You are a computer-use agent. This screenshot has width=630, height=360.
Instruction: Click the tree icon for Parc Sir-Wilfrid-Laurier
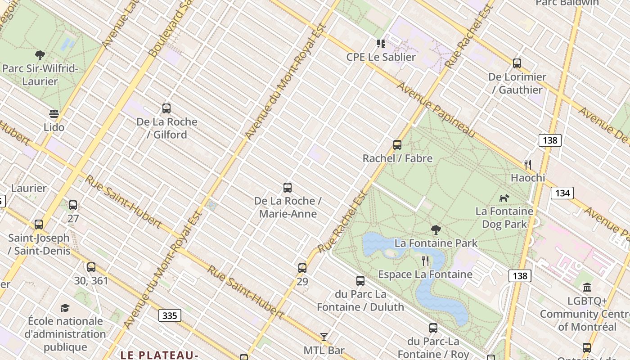click(x=40, y=55)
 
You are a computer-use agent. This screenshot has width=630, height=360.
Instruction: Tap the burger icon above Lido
click(x=54, y=113)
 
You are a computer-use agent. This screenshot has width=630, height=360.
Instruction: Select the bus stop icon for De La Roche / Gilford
click(x=166, y=108)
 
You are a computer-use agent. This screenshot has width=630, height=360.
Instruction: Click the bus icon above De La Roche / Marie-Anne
click(x=288, y=187)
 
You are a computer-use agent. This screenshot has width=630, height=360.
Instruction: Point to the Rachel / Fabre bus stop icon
click(x=397, y=144)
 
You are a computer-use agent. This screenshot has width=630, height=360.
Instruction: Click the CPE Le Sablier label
click(x=381, y=57)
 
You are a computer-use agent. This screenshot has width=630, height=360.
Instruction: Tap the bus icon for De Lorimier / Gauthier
click(x=517, y=63)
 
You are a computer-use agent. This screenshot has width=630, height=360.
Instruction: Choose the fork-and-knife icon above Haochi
click(x=528, y=164)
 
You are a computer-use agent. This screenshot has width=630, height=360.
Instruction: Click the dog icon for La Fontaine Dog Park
click(x=504, y=198)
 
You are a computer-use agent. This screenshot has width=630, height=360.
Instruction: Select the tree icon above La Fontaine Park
click(x=436, y=230)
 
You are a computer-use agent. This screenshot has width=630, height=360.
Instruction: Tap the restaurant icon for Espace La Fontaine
click(x=425, y=261)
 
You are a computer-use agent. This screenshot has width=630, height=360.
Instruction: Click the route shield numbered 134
click(x=562, y=193)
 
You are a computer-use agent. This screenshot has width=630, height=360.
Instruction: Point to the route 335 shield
click(x=170, y=315)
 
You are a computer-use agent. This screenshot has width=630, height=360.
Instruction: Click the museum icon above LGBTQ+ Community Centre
click(x=587, y=287)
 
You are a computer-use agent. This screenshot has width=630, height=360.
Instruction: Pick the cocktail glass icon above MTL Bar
click(x=324, y=337)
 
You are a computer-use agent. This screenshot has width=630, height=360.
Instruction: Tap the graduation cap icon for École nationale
click(x=65, y=308)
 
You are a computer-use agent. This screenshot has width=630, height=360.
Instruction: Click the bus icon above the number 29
click(x=302, y=268)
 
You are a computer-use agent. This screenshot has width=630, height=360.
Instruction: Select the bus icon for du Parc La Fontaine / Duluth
click(x=360, y=281)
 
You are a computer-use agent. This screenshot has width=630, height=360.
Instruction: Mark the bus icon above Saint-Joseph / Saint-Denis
click(x=39, y=224)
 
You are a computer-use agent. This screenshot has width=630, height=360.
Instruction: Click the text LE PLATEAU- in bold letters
click(x=159, y=355)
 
